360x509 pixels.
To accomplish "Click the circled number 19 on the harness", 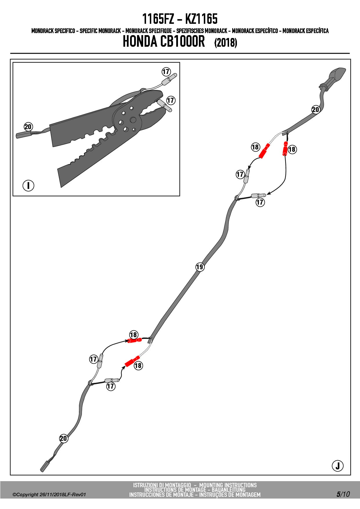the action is pos(200,267).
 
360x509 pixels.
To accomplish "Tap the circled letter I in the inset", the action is pos(28,185).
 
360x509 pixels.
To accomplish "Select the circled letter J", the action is pos(337,466).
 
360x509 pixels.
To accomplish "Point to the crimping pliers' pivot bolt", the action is pos(133,120).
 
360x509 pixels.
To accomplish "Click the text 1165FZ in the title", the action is pos(158,19).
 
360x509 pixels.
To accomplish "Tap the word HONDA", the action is pos(140,41).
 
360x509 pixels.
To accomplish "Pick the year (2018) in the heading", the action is pos(226,43).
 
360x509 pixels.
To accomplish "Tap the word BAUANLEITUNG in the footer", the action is pos(228,490).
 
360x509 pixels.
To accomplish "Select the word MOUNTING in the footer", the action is pos(211,485).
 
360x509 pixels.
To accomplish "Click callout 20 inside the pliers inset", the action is pos(28,127).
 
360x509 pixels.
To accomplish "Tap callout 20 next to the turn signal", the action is pos(316,109).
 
